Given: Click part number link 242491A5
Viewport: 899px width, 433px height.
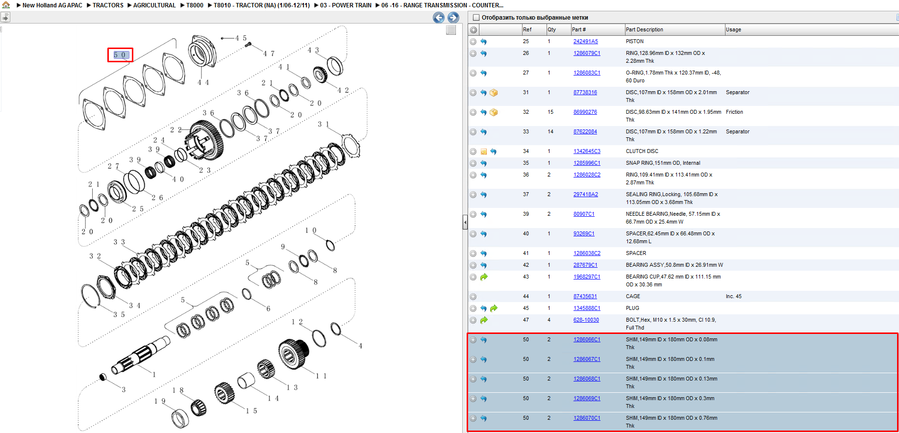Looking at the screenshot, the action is (x=586, y=42).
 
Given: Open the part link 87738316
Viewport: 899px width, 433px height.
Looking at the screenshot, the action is (x=585, y=93).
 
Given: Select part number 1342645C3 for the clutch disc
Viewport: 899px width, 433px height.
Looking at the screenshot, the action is (x=587, y=152).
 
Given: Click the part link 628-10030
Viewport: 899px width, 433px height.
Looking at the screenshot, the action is (x=586, y=320).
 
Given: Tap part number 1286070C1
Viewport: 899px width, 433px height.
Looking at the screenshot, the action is (x=587, y=418).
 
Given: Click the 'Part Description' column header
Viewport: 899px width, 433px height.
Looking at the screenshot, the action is (x=644, y=30).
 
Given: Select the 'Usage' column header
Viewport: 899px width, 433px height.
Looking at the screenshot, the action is (x=733, y=30).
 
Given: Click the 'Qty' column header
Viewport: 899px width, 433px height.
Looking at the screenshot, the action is (x=552, y=30).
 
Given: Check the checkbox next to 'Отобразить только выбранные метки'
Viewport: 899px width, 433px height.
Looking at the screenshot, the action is (x=475, y=18).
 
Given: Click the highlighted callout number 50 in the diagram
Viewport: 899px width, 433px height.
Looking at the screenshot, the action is (x=120, y=55).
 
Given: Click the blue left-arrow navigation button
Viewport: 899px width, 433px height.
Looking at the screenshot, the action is (x=439, y=18).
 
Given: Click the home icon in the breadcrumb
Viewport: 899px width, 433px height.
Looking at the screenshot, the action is (x=6, y=5).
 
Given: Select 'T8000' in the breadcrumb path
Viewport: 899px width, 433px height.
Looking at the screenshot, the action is (x=195, y=5).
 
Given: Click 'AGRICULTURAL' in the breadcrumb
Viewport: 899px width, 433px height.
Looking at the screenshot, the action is (x=154, y=5).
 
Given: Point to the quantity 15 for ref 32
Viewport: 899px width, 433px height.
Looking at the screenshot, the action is (x=550, y=112).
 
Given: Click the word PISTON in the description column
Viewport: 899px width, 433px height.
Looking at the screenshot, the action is (x=635, y=42).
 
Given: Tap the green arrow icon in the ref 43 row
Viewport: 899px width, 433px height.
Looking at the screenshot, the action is (x=484, y=277).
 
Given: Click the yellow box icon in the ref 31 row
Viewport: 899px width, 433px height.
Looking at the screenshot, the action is (x=494, y=93).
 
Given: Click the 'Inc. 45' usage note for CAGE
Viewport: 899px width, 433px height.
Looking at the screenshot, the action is (x=734, y=297).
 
